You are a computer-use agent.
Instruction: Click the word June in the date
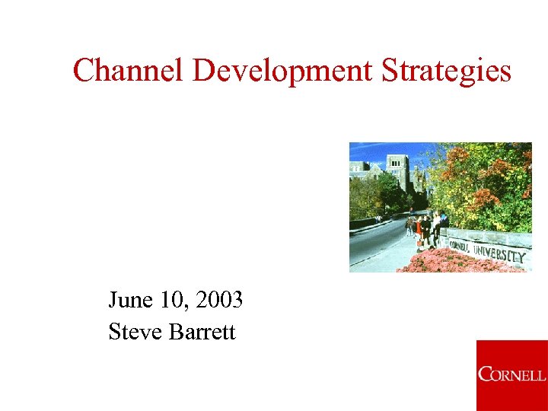tap(131, 300)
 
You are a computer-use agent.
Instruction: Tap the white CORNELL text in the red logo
tap(512, 374)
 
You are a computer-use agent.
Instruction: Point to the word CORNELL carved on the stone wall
tap(459, 245)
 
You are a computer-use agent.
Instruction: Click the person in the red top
tap(418, 228)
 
